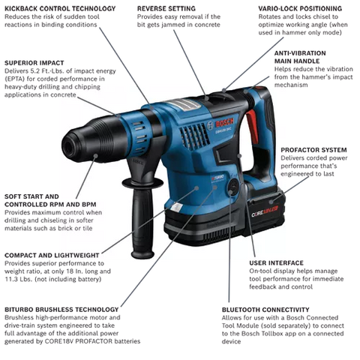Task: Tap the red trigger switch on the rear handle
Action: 252,127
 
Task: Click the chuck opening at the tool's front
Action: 68,145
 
